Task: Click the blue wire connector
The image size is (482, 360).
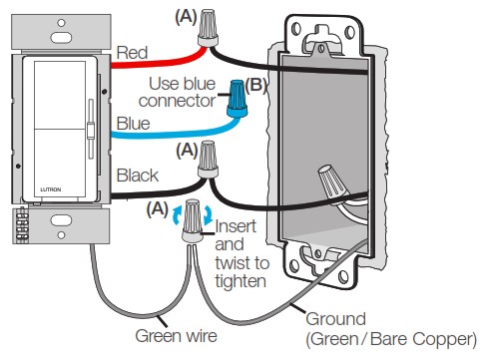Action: coord(238,98)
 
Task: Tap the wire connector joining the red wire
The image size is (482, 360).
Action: coord(209,28)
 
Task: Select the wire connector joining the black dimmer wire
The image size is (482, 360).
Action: coord(209,160)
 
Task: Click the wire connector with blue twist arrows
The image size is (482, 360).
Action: coord(193,220)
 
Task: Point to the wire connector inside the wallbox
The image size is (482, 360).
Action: coord(332,182)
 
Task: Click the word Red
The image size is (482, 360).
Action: coord(132,53)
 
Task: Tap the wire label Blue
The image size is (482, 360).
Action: coord(133,124)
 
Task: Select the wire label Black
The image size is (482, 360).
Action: coord(138,176)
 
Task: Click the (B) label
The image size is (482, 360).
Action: coord(255,86)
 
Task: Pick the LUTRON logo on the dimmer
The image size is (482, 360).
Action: coord(51,189)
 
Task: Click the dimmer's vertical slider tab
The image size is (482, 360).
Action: coord(90,131)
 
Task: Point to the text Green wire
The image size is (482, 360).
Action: coord(177,336)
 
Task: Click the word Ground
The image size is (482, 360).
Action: coord(336,319)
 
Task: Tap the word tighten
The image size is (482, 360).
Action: coord(241,281)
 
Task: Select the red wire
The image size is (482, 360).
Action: coord(159,62)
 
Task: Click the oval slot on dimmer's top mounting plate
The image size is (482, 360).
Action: coord(61,38)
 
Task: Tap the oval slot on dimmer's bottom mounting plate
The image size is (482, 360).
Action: coord(61,220)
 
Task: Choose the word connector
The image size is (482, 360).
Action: coord(178,101)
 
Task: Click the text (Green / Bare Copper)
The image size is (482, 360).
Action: coord(391,339)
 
